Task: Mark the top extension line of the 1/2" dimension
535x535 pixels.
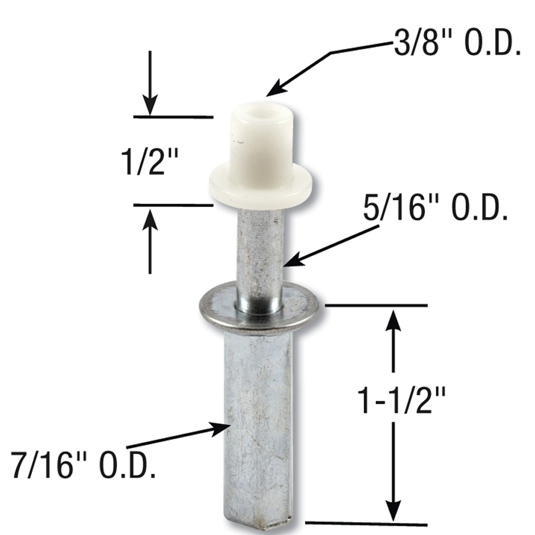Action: pyautogui.click(x=173, y=117)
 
